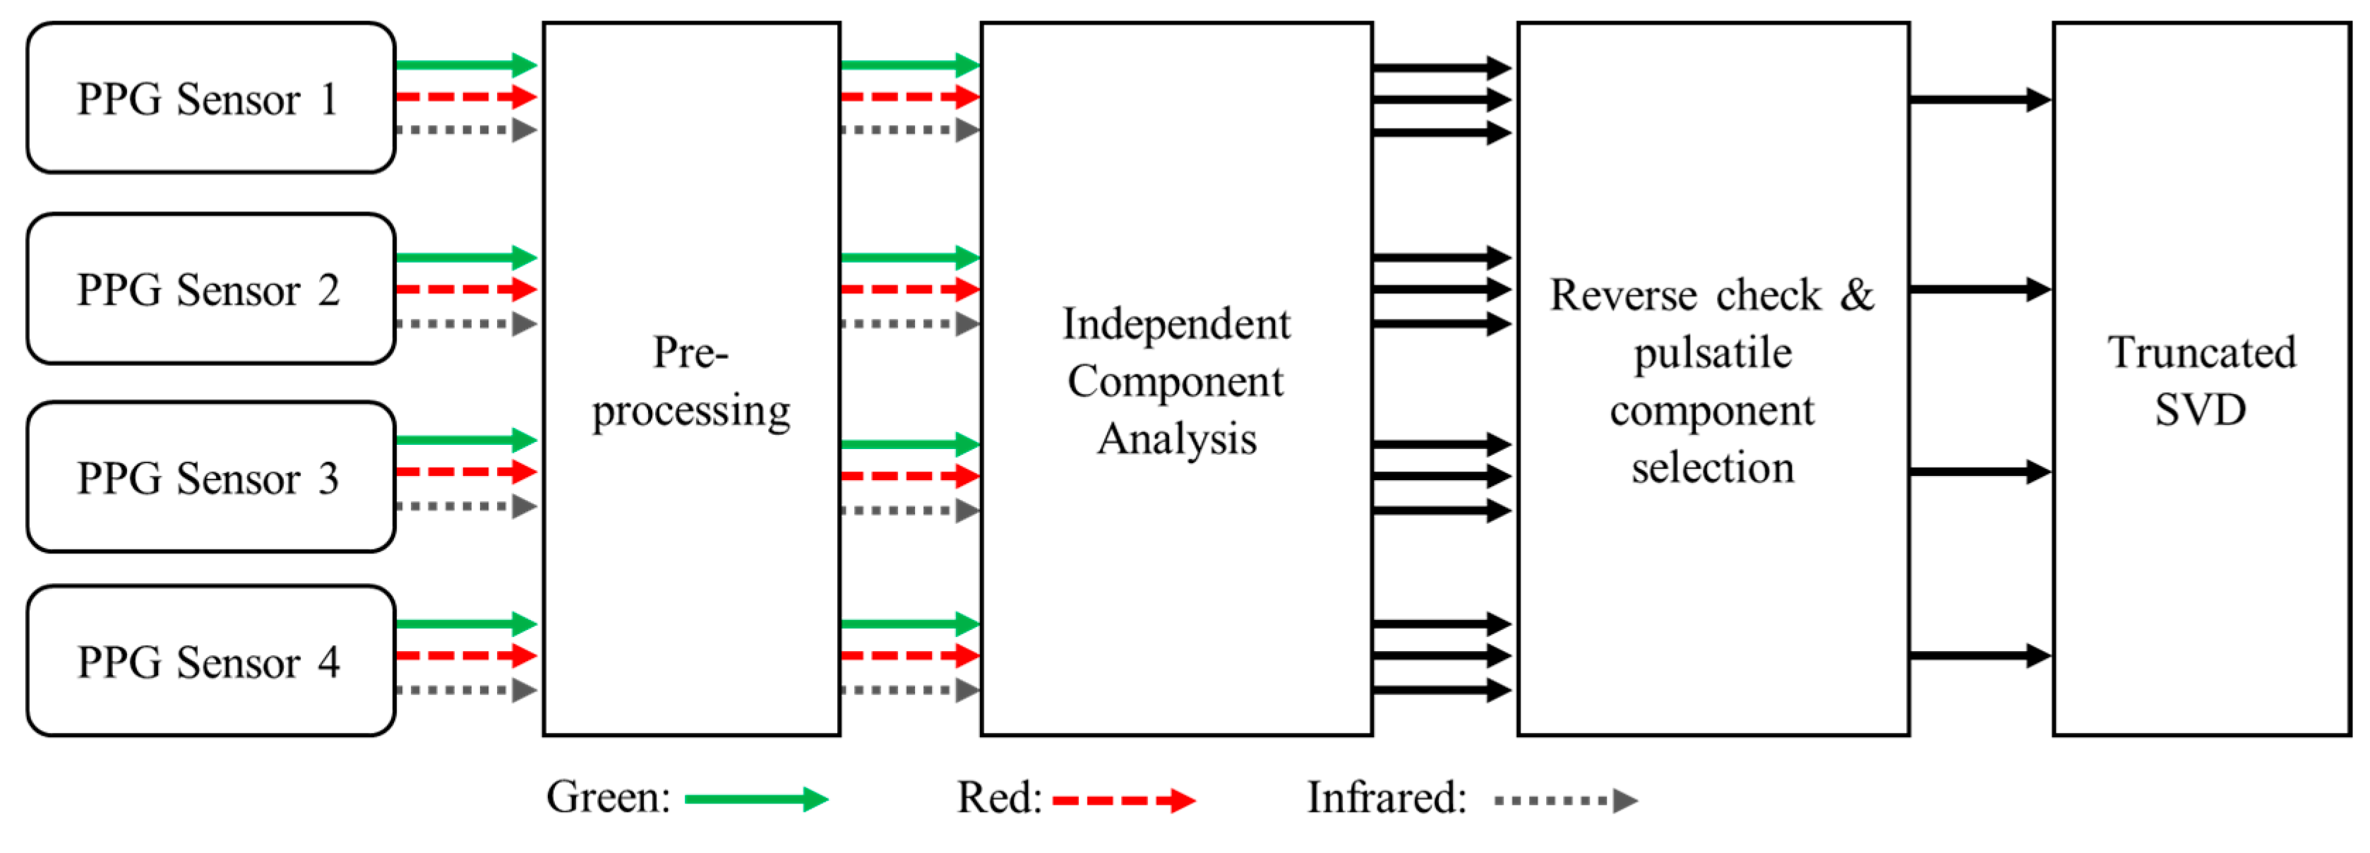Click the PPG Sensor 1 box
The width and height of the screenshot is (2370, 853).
pos(210,98)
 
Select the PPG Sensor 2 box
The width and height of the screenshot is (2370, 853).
pos(210,290)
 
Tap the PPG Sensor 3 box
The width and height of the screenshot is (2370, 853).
pos(210,477)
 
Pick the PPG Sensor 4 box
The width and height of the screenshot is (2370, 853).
pos(210,662)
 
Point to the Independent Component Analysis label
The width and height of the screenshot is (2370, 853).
pos(1175,381)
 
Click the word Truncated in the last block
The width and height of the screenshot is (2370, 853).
pos(2202,352)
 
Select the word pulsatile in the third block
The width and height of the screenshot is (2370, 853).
pos(1712,353)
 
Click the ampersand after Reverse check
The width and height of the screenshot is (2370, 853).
pos(1857,294)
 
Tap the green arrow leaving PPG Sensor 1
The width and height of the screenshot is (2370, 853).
pos(465,64)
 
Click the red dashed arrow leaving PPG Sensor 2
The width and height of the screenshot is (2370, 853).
pos(465,290)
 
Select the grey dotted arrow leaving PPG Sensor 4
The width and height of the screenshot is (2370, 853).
pos(465,690)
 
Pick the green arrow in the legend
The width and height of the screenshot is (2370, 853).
pos(756,799)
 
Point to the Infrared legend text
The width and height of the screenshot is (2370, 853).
pos(1387,798)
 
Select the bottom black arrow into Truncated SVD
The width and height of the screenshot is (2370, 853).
pos(1979,656)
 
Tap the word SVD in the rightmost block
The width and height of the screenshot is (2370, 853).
pos(2200,410)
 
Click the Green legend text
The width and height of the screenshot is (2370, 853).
pos(608,798)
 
